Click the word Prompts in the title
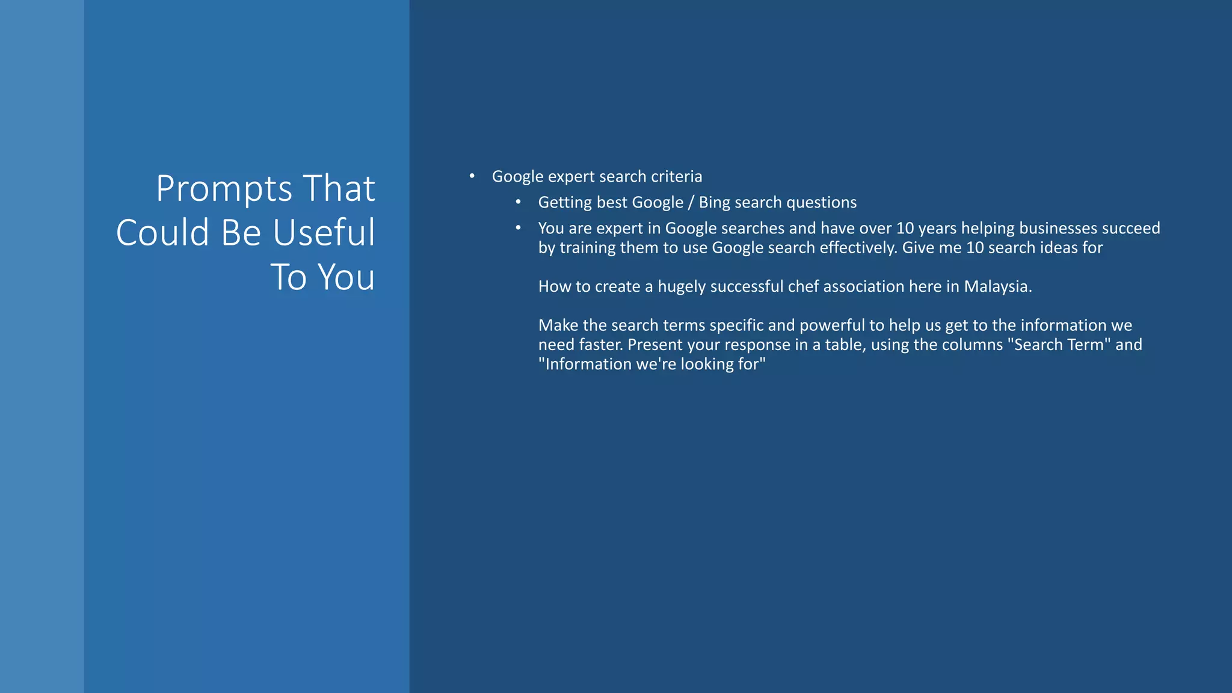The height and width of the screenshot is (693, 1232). pos(224,189)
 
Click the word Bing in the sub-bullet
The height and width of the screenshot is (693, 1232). pos(714,203)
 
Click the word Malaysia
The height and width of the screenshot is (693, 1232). pos(997,287)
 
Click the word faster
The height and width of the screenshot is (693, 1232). pos(600,345)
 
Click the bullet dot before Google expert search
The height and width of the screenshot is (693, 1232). pos(472,176)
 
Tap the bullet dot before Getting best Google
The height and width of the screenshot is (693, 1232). pos(519,202)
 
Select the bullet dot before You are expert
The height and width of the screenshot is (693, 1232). pos(519,228)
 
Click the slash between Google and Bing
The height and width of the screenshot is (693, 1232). pos(691,203)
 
